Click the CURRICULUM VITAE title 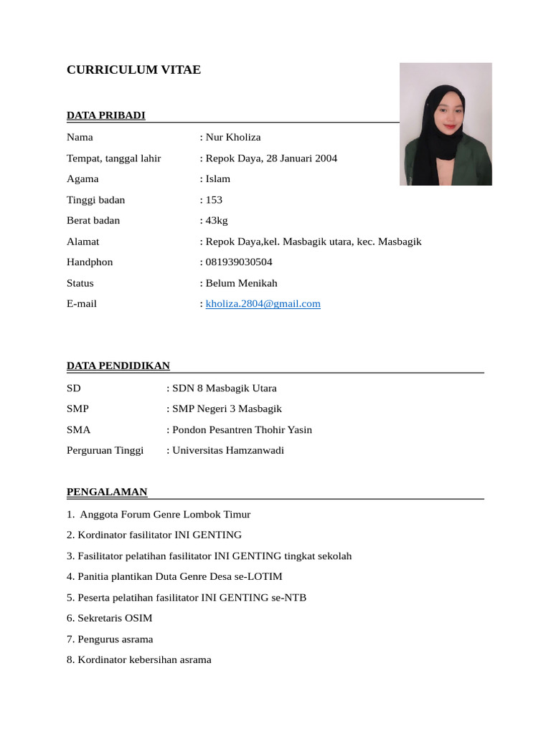click(x=133, y=70)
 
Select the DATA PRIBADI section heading click(x=105, y=115)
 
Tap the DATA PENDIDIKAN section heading click(x=118, y=366)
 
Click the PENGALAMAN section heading click(x=107, y=492)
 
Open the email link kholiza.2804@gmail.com click(x=263, y=304)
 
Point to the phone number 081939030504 click(x=239, y=262)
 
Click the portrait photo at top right click(x=446, y=124)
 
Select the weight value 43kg click(x=217, y=221)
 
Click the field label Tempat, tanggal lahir click(x=113, y=158)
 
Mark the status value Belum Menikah click(x=241, y=283)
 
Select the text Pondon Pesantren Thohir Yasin click(x=242, y=430)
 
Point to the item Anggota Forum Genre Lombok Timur click(x=165, y=515)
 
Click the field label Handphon click(x=90, y=262)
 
